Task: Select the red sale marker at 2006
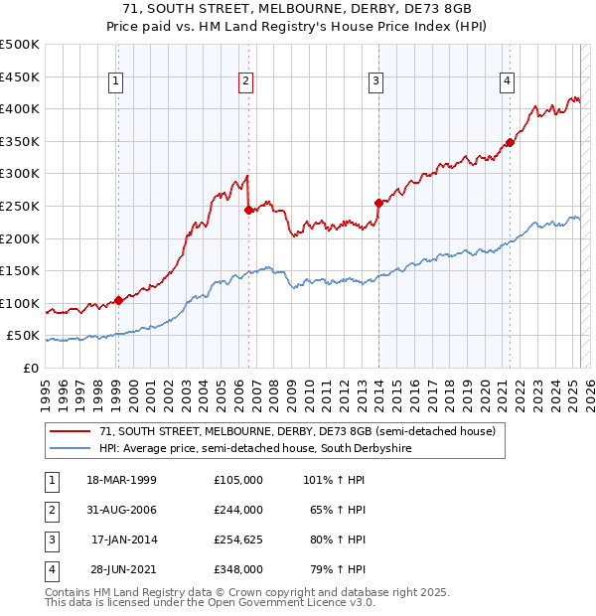(x=248, y=210)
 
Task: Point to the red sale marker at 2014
(x=378, y=203)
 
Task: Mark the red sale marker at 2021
(x=510, y=142)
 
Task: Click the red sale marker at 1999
(x=118, y=300)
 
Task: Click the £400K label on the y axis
(x=20, y=108)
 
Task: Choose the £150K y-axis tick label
(x=20, y=270)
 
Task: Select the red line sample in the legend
(x=70, y=432)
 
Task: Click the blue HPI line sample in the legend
(x=70, y=449)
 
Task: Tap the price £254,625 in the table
(x=238, y=540)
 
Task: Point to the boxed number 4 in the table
(x=50, y=570)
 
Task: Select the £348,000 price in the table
(x=238, y=570)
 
